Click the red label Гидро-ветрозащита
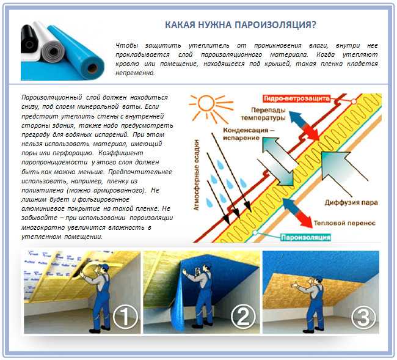click(297, 98)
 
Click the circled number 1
click(126, 316)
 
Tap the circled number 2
click(242, 316)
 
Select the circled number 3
click(362, 316)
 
